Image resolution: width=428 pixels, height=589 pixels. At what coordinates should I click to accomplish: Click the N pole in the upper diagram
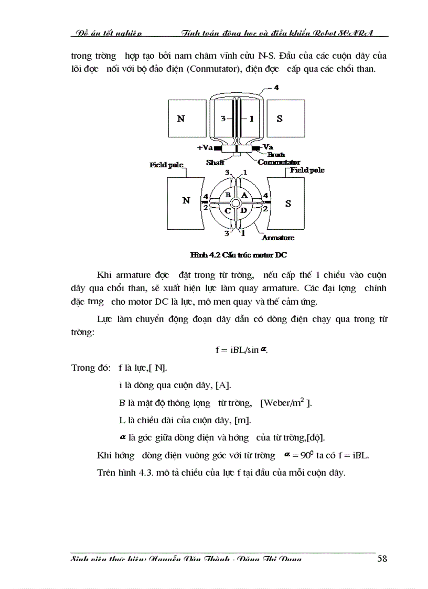point(181,119)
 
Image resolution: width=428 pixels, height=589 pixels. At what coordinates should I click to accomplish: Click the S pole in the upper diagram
point(280,119)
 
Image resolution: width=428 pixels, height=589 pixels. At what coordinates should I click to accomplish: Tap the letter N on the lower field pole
point(186,200)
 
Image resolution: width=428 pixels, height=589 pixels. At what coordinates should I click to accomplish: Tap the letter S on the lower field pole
point(288,203)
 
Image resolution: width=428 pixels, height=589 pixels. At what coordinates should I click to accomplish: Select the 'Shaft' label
point(215,163)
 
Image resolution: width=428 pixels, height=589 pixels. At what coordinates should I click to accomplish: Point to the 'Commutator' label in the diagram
point(279,163)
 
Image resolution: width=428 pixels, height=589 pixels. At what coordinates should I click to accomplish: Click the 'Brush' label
point(276,155)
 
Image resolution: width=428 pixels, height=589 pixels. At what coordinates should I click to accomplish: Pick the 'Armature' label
point(277,238)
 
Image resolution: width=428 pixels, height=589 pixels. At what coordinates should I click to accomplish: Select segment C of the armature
point(228,210)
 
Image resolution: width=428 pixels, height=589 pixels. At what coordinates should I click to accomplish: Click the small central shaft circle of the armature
point(236,202)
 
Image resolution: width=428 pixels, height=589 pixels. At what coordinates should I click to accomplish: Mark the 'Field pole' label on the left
point(166,165)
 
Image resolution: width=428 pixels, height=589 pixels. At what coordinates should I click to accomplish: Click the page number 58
point(382,558)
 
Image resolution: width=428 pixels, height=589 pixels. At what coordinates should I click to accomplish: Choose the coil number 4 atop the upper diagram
point(276,87)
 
